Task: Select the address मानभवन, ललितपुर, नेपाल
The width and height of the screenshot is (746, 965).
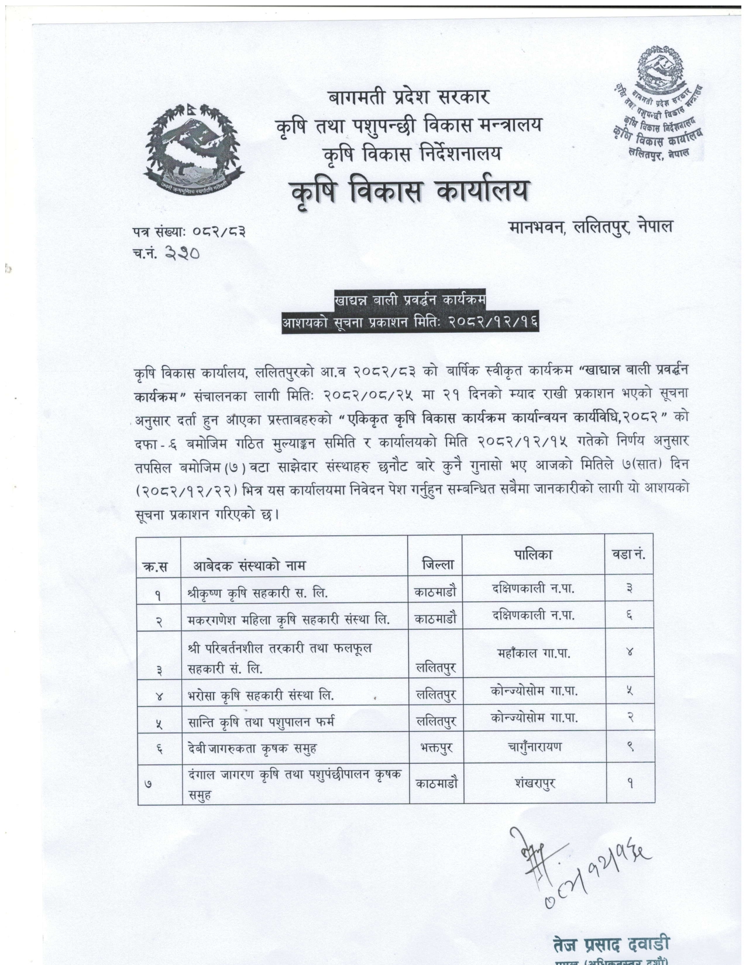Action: (x=590, y=226)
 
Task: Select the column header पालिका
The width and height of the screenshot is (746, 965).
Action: (x=533, y=554)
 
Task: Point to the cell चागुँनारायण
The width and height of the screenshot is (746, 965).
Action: (x=533, y=746)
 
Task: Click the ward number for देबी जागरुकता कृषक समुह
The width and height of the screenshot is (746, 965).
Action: (x=630, y=746)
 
